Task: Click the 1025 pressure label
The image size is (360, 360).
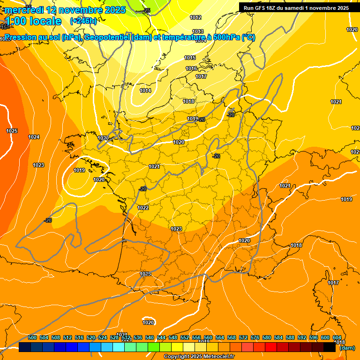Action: point(12,131)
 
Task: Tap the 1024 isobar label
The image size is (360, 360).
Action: point(34,137)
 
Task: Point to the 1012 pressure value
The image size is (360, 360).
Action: point(195,17)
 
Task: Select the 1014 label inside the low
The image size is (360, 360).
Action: point(145,90)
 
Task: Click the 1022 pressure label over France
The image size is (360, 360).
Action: point(143,208)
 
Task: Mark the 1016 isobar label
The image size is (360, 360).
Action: point(191,68)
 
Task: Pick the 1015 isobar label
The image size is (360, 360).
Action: point(190,58)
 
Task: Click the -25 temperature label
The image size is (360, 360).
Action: point(147,10)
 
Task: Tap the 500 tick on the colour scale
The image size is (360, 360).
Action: point(32,337)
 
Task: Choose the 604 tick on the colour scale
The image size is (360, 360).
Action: point(337,337)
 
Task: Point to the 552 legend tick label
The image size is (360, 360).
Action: point(185,337)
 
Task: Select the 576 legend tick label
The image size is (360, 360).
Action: point(255,337)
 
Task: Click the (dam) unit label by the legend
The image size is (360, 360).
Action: point(347,348)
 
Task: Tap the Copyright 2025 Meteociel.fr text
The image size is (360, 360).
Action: point(199,357)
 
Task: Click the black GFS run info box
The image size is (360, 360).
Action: point(296,8)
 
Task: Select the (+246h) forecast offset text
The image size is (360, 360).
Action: point(83,21)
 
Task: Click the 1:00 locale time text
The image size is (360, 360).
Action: point(33,21)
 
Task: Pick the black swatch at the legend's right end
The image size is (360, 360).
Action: point(330,347)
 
